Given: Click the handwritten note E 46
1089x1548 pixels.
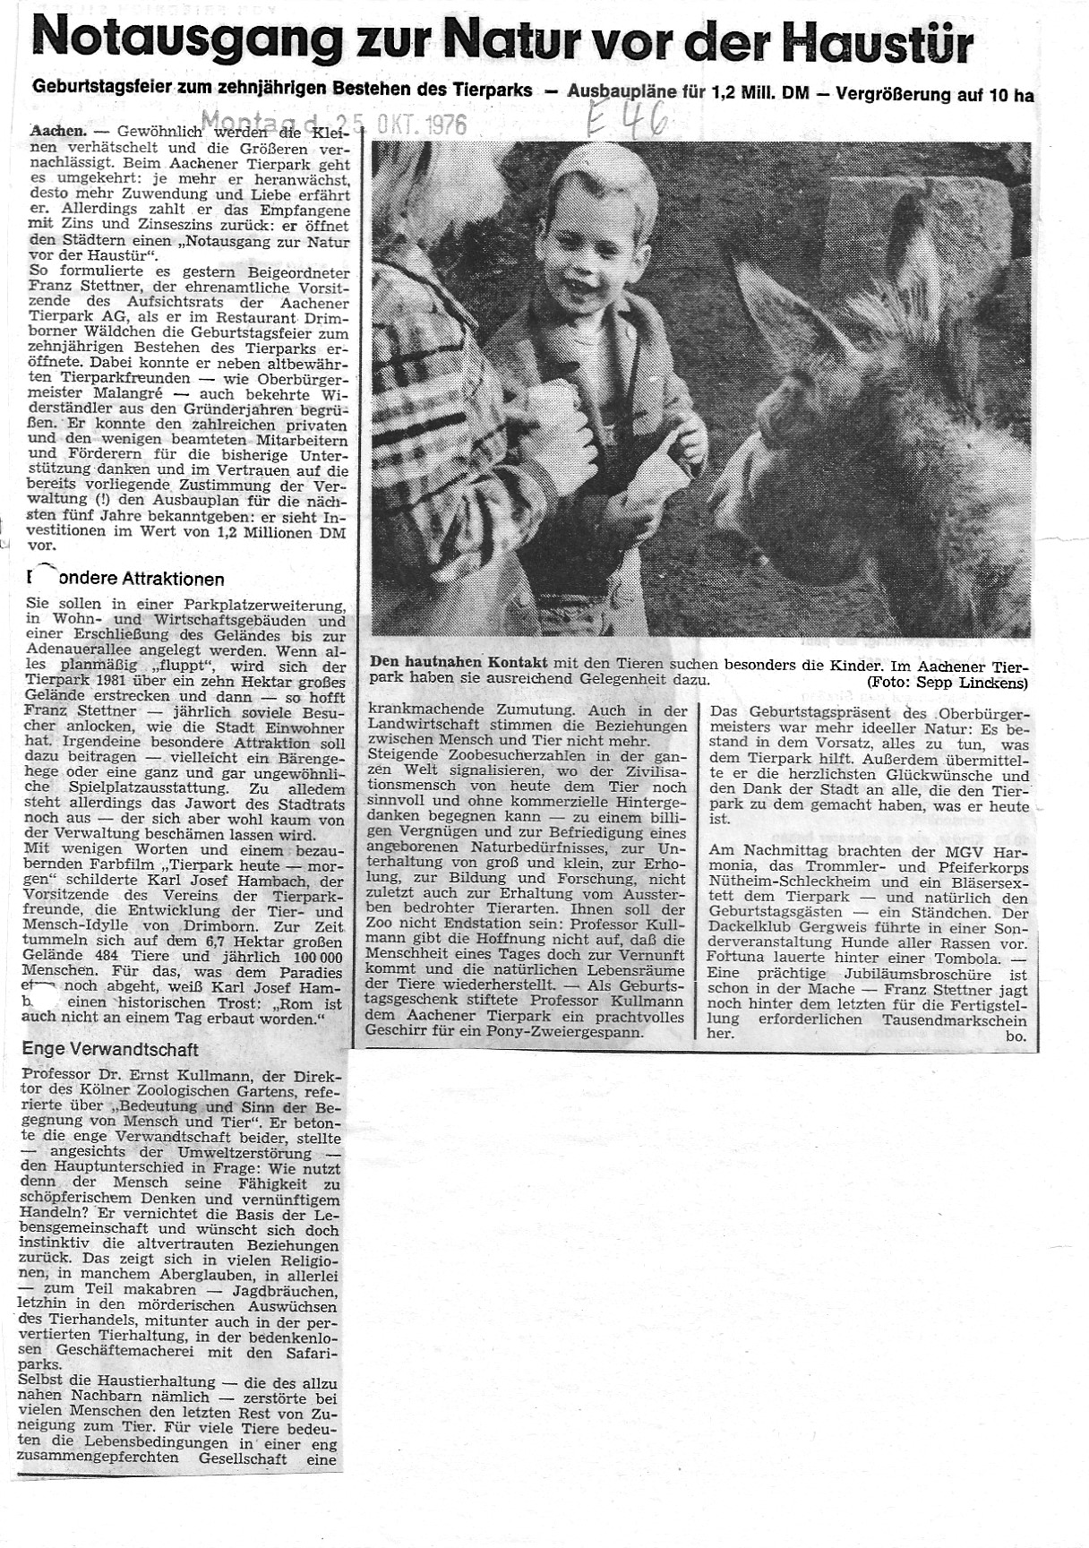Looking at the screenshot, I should pos(627,118).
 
